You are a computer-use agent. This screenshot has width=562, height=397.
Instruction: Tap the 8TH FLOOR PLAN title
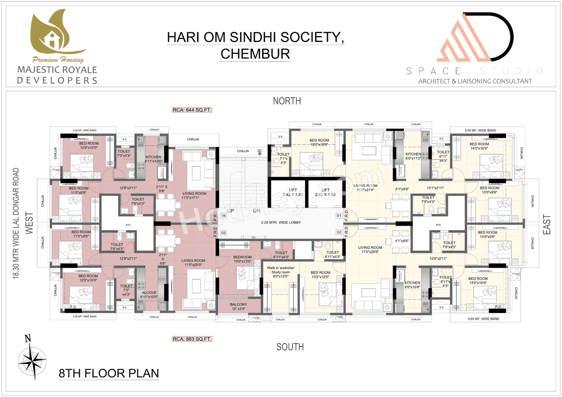pyautogui.click(x=109, y=374)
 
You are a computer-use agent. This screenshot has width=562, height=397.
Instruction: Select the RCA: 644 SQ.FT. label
pyautogui.click(x=192, y=110)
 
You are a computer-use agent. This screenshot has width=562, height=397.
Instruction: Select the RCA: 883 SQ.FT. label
pyautogui.click(x=192, y=339)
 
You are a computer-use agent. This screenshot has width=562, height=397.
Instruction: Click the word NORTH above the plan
pyautogui.click(x=287, y=101)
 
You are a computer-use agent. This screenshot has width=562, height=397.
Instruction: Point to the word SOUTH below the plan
pyautogui.click(x=290, y=347)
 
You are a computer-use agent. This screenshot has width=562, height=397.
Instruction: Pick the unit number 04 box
pyautogui.click(x=223, y=216)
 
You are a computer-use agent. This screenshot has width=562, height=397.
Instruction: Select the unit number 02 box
pyautogui.click(x=339, y=232)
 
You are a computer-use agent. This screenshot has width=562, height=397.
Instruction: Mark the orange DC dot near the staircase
pyautogui.click(x=260, y=153)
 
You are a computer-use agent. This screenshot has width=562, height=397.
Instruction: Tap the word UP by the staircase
pyautogui.click(x=230, y=211)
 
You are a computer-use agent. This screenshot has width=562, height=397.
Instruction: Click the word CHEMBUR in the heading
pyautogui.click(x=255, y=54)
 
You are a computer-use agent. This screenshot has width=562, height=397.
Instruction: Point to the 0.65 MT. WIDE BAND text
pyautogui.click(x=481, y=319)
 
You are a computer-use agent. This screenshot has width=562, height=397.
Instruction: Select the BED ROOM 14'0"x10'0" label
pyautogui.click(x=479, y=147)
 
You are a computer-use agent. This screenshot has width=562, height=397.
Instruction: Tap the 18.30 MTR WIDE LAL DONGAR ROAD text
pyautogui.click(x=16, y=224)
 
